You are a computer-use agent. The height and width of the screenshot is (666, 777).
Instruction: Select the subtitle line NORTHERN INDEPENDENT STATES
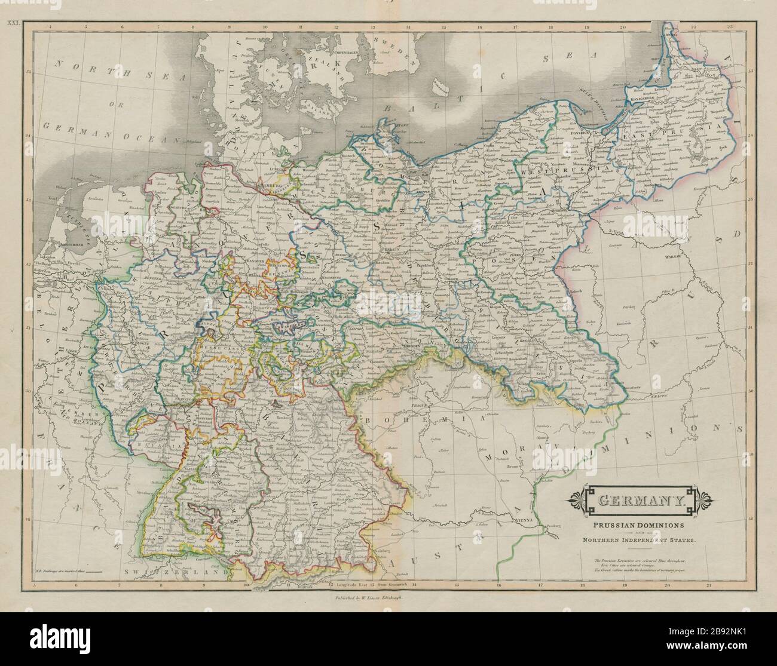pos(637,541)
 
